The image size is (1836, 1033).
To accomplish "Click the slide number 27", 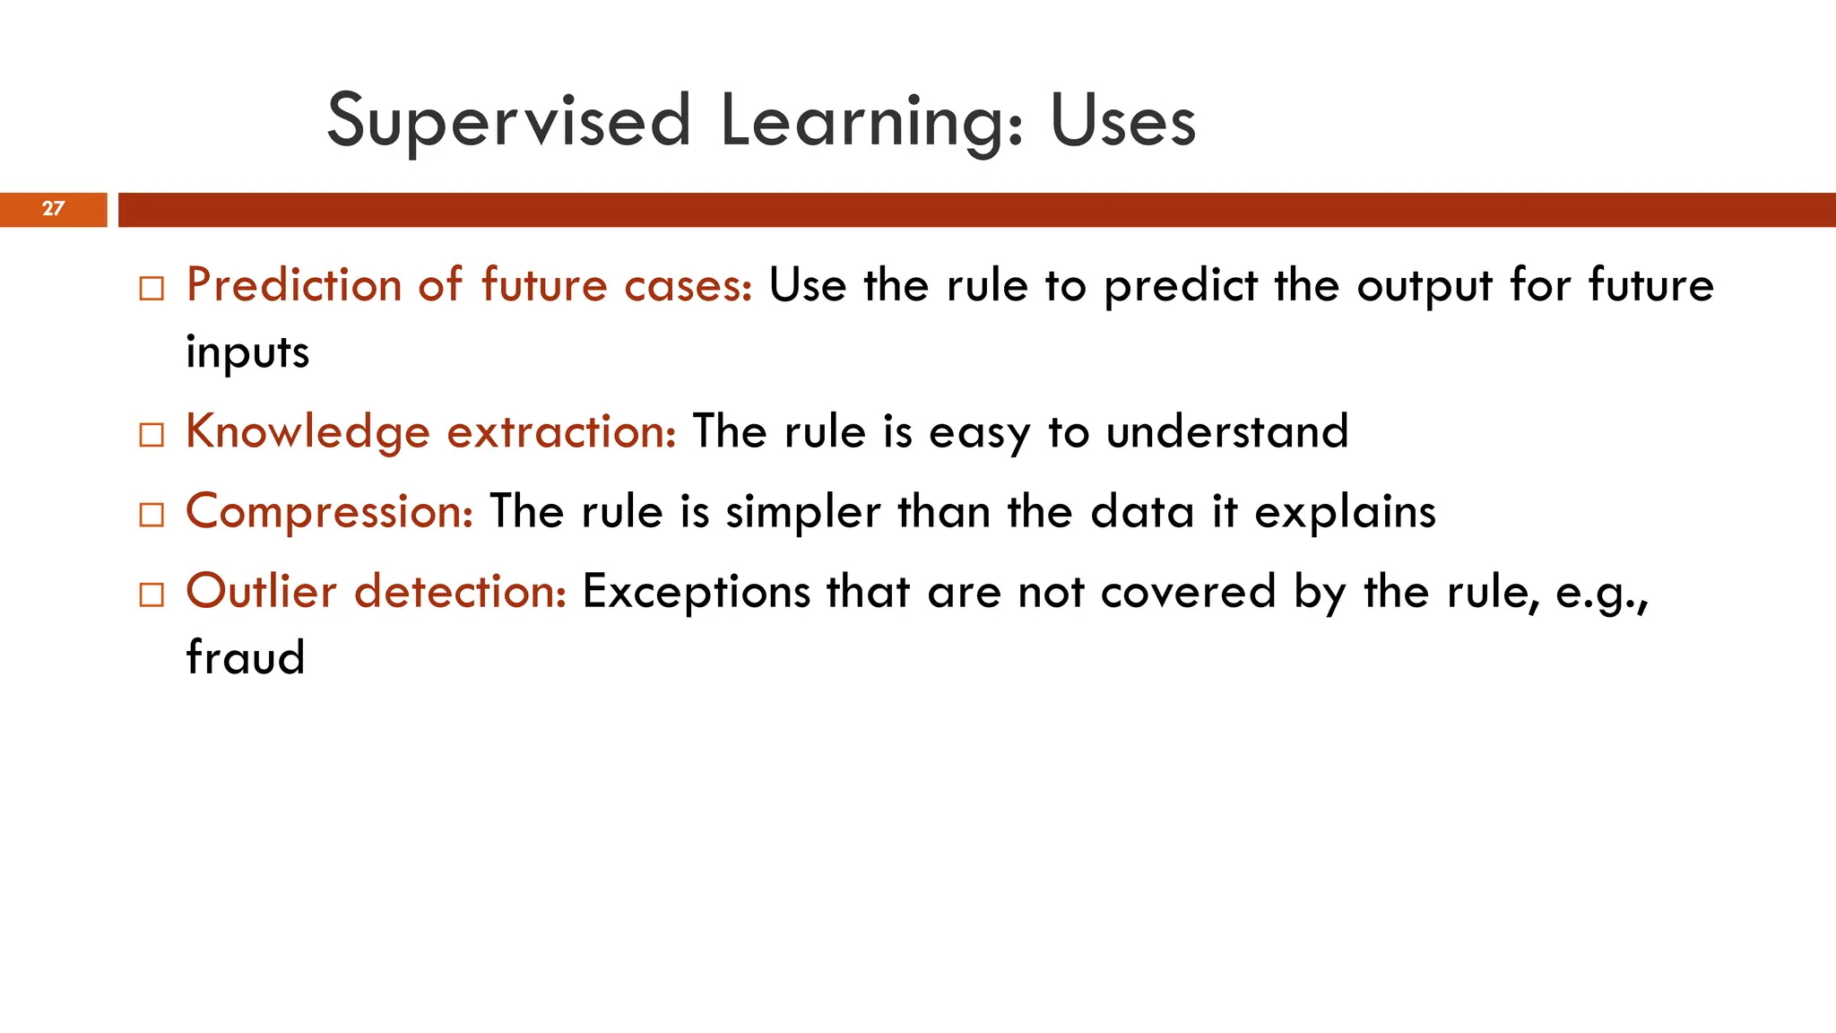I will (53, 209).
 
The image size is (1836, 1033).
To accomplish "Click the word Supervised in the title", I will (508, 121).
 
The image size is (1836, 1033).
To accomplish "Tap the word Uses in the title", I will (1122, 121).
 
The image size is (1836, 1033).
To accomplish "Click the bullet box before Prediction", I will (152, 289).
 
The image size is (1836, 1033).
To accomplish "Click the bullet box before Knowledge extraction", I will (152, 435).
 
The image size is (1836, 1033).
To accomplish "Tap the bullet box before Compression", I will (152, 515).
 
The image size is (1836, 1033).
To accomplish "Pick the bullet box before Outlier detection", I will (152, 595).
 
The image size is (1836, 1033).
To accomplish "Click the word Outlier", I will (261, 591).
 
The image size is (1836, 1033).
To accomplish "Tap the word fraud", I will (246, 656).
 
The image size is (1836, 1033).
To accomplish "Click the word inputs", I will (247, 352).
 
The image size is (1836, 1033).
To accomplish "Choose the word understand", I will (1226, 431).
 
